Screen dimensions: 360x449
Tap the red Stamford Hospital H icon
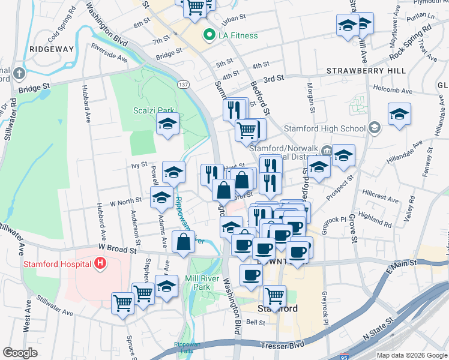coord(100,263)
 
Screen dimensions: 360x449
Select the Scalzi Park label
coord(145,111)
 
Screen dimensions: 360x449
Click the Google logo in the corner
coord(20,353)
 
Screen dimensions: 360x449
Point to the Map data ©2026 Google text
coord(412,355)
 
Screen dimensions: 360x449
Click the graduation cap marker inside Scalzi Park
coord(167,124)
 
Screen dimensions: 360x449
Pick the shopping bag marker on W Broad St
coord(184,241)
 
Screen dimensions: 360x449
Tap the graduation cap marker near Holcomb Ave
coord(399,114)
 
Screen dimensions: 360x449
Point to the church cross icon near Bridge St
coord(19,74)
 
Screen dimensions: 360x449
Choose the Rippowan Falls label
coord(187,348)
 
